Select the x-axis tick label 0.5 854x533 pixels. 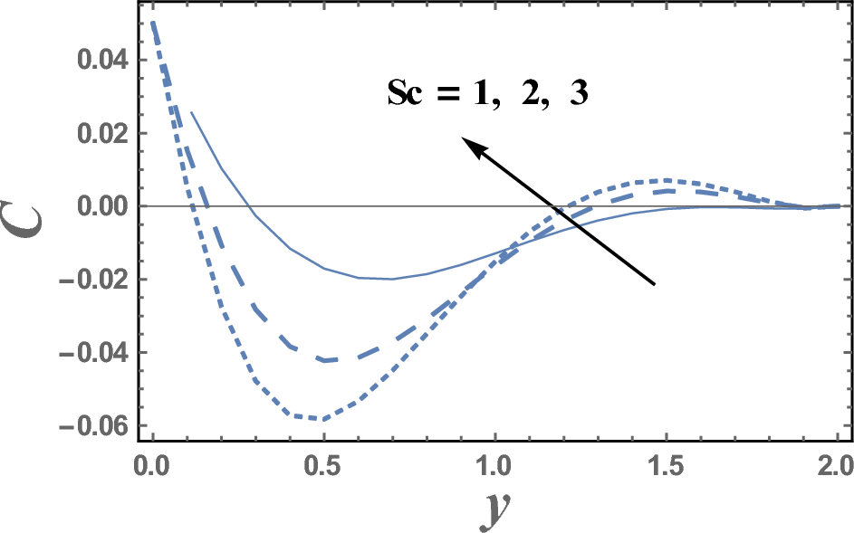point(323,469)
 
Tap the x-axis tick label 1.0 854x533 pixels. point(494,469)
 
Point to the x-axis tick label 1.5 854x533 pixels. point(666,469)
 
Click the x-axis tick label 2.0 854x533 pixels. point(836,469)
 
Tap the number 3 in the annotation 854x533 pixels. point(577,94)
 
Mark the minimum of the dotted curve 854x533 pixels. point(321,419)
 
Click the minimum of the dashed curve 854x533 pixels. point(324,360)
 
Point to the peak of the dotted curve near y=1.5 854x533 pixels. point(667,179)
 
